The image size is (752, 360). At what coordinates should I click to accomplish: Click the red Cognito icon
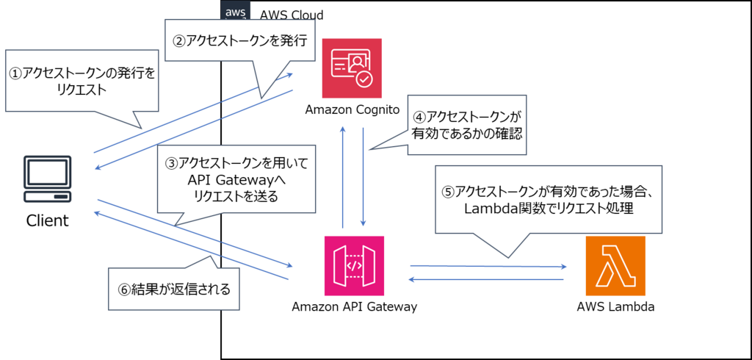[352, 68]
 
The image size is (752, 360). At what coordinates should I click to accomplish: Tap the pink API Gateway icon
[354, 265]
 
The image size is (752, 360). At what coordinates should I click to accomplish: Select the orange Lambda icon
[615, 265]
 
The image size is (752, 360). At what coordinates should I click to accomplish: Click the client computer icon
[48, 179]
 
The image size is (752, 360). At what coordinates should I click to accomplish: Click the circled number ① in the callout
[15, 73]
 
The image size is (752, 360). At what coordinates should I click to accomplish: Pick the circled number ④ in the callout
[419, 117]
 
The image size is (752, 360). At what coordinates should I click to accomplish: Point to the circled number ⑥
[123, 289]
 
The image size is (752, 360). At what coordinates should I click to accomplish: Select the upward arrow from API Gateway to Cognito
[342, 176]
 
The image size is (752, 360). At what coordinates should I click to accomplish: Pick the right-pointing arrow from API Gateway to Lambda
[488, 266]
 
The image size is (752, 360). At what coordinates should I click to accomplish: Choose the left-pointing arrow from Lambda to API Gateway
[485, 279]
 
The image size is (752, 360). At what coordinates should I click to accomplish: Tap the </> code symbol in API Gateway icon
[354, 265]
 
